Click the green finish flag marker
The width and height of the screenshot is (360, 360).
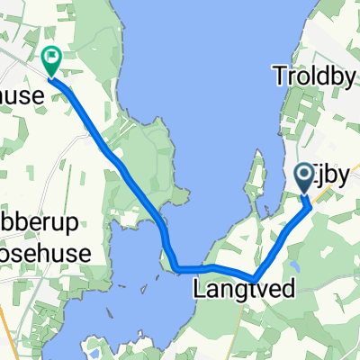[x=52, y=61]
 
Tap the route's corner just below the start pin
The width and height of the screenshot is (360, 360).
[x=310, y=204]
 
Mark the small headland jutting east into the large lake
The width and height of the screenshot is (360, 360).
[x=184, y=192]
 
